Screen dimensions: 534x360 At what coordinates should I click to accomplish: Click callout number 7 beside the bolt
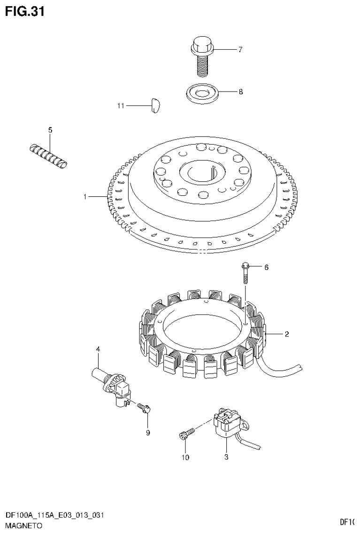240,49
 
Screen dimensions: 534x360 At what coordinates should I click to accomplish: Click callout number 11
121,106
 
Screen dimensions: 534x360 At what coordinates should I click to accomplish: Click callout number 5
50,129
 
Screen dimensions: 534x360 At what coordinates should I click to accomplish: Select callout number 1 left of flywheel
85,197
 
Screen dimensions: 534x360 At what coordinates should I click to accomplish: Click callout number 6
266,267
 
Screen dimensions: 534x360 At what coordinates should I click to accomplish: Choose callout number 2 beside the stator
286,334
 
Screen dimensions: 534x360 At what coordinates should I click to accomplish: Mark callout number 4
98,348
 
